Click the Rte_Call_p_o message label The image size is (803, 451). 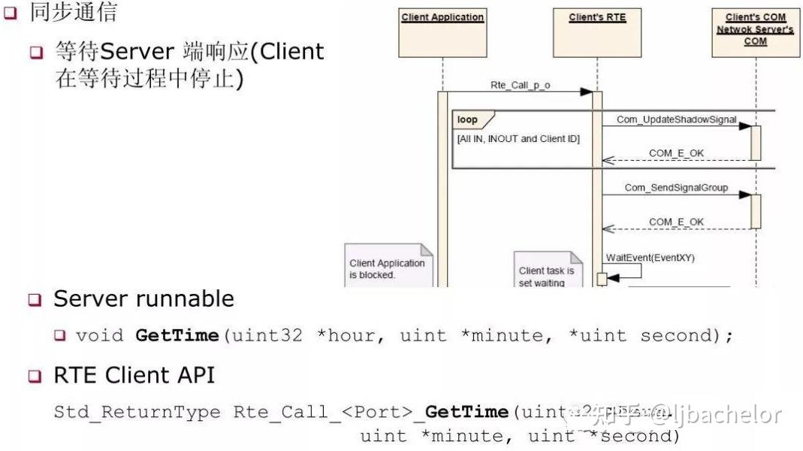tap(520, 85)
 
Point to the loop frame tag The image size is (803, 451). tap(467, 120)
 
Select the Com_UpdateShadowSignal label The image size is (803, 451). tap(676, 120)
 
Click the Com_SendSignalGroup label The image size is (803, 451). tap(676, 187)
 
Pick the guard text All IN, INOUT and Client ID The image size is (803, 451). tap(518, 139)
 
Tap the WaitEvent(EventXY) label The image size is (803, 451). tap(650, 258)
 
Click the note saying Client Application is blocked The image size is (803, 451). tap(388, 268)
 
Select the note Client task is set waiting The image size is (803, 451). tap(547, 274)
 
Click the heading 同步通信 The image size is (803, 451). tap(73, 11)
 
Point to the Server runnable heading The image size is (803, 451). tap(143, 298)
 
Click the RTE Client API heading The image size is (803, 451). tap(134, 374)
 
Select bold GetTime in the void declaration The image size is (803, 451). tap(177, 335)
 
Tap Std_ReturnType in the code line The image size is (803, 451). tap(137, 412)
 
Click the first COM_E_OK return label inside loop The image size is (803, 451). tap(676, 153)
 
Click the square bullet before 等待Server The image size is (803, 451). tap(37, 53)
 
